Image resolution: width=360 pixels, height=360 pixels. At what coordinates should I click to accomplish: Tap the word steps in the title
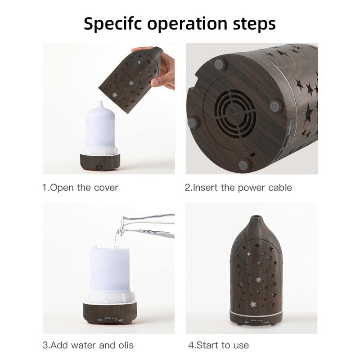tap(252, 23)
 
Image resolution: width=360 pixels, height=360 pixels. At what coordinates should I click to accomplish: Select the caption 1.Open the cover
tap(80, 188)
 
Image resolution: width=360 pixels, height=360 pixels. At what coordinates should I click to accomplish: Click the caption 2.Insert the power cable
tap(238, 188)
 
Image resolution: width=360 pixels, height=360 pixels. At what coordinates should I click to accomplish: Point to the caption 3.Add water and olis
tap(88, 346)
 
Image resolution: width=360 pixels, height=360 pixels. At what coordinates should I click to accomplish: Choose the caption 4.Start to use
tap(218, 346)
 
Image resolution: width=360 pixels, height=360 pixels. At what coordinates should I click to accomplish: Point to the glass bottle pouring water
tap(148, 225)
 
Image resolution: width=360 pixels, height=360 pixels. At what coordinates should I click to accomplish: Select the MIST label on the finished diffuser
tap(266, 322)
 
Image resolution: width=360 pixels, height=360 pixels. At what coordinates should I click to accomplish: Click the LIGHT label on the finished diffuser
tap(246, 322)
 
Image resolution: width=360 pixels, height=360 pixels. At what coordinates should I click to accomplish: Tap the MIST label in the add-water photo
tap(122, 320)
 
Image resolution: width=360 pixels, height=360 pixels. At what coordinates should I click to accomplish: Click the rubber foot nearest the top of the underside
tap(219, 65)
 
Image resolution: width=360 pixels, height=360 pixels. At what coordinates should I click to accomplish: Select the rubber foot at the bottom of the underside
tap(243, 165)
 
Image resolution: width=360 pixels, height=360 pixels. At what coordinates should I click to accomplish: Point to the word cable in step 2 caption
tap(279, 188)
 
